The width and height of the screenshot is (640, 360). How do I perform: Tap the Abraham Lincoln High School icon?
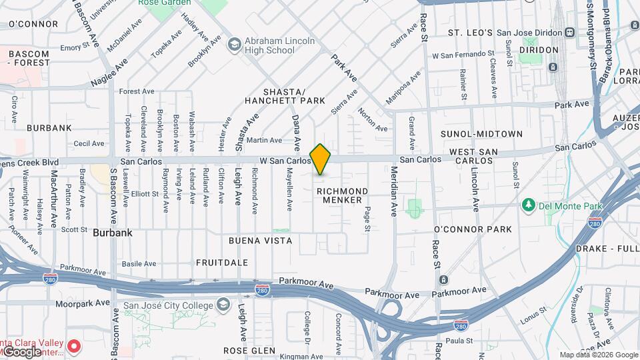[233, 45]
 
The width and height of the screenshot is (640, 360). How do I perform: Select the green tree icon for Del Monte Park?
[528, 203]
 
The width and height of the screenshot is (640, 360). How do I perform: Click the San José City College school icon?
[223, 305]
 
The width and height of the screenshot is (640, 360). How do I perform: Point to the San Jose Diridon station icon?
[569, 32]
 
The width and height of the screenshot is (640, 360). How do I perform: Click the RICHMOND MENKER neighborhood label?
[342, 195]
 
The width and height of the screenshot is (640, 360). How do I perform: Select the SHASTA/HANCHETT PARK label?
[285, 96]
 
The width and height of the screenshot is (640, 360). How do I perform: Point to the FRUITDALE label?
[222, 263]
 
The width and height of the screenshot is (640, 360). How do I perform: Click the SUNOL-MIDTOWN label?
[481, 134]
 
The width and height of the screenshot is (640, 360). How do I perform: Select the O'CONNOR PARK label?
[473, 229]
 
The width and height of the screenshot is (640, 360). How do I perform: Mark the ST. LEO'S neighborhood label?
[470, 33]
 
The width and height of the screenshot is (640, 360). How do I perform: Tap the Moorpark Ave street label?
[82, 303]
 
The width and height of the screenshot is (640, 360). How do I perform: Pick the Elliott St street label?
[145, 194]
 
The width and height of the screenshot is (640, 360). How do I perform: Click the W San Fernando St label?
[463, 53]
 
